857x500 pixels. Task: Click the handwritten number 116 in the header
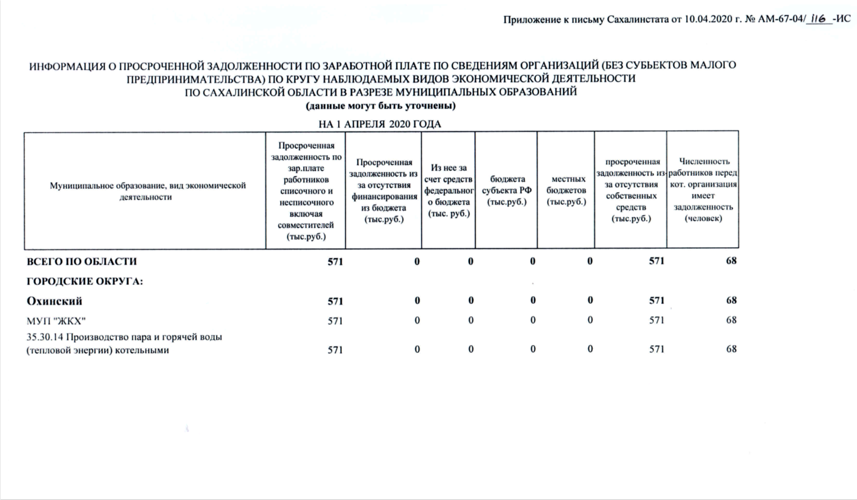[818, 19]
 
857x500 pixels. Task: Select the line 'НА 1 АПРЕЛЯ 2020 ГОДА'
[380, 124]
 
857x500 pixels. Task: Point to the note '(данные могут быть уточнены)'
[381, 106]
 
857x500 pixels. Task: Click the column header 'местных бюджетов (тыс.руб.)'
[566, 190]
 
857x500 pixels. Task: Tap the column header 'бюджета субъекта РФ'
[507, 190]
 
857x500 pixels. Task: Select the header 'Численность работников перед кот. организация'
[703, 190]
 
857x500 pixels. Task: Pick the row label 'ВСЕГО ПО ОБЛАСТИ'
[82, 261]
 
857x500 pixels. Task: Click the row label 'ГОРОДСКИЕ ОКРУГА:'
[85, 281]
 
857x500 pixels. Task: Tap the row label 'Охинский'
[55, 301]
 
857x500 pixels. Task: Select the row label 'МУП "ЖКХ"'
[56, 321]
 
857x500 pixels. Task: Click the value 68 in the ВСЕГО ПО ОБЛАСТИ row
[731, 261]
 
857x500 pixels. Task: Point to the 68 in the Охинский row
[731, 300]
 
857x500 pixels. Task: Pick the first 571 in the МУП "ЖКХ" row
[335, 321]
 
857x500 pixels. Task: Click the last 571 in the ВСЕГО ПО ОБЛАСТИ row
[656, 261]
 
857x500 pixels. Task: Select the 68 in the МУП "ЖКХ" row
[731, 320]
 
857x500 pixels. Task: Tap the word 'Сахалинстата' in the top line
[638, 20]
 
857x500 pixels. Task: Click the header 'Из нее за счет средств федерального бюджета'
[449, 190]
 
